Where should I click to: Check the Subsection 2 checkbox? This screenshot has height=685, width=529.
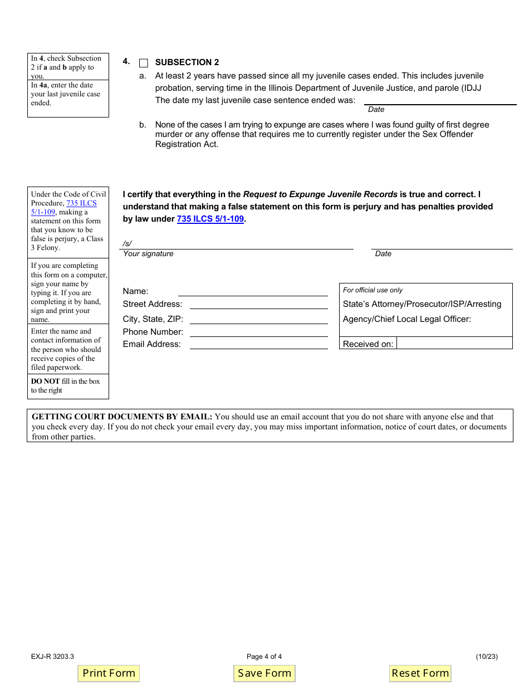tap(144, 63)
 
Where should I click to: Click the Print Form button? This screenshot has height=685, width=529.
tap(109, 673)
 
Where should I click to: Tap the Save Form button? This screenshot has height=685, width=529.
tap(264, 673)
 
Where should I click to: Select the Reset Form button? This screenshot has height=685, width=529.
tap(420, 673)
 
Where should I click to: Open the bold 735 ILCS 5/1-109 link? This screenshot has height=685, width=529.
tap(210, 219)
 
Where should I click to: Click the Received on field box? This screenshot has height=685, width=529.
tap(454, 343)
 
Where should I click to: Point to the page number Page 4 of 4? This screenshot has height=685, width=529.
tap(264, 656)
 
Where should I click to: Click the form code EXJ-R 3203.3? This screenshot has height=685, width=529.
tap(52, 656)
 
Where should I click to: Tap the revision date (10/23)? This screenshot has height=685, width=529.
tap(487, 656)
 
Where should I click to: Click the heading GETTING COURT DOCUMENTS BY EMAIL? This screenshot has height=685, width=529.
tap(122, 417)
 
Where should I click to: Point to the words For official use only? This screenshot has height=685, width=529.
tap(373, 290)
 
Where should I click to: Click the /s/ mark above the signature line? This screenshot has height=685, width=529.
tap(128, 243)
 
